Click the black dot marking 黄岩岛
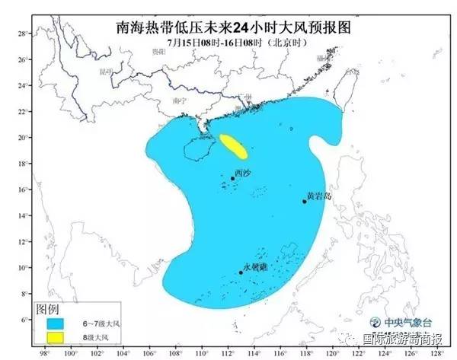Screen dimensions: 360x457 pyautogui.click(x=304, y=201)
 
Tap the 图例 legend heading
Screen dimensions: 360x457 pyautogui.click(x=47, y=307)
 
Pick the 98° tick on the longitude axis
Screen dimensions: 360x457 pyautogui.click(x=44, y=353)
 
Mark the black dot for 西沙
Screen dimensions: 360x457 pyautogui.click(x=232, y=178)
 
